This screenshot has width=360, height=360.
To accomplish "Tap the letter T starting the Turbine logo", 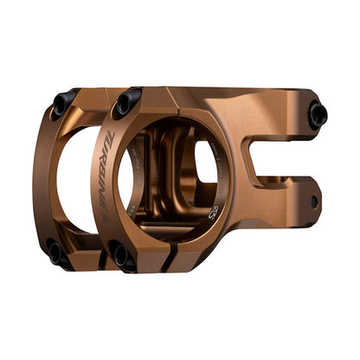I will (114, 157).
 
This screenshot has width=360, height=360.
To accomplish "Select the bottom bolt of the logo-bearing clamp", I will (122, 253).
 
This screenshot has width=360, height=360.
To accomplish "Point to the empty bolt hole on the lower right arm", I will (314, 201).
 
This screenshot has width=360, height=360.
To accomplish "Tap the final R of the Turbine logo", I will (106, 219).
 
